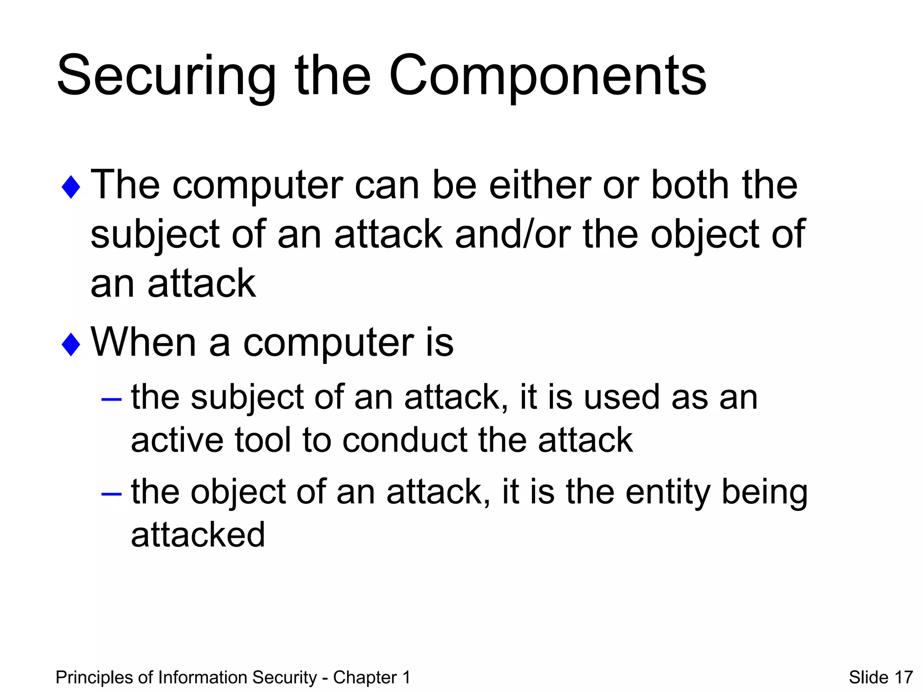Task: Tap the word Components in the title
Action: [547, 77]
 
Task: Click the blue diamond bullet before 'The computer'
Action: [71, 187]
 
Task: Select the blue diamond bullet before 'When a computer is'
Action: [71, 344]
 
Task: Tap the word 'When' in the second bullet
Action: [143, 342]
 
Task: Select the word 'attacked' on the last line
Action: [198, 535]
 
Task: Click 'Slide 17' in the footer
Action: [881, 678]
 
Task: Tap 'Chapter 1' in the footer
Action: [371, 678]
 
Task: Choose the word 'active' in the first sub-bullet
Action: [177, 440]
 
